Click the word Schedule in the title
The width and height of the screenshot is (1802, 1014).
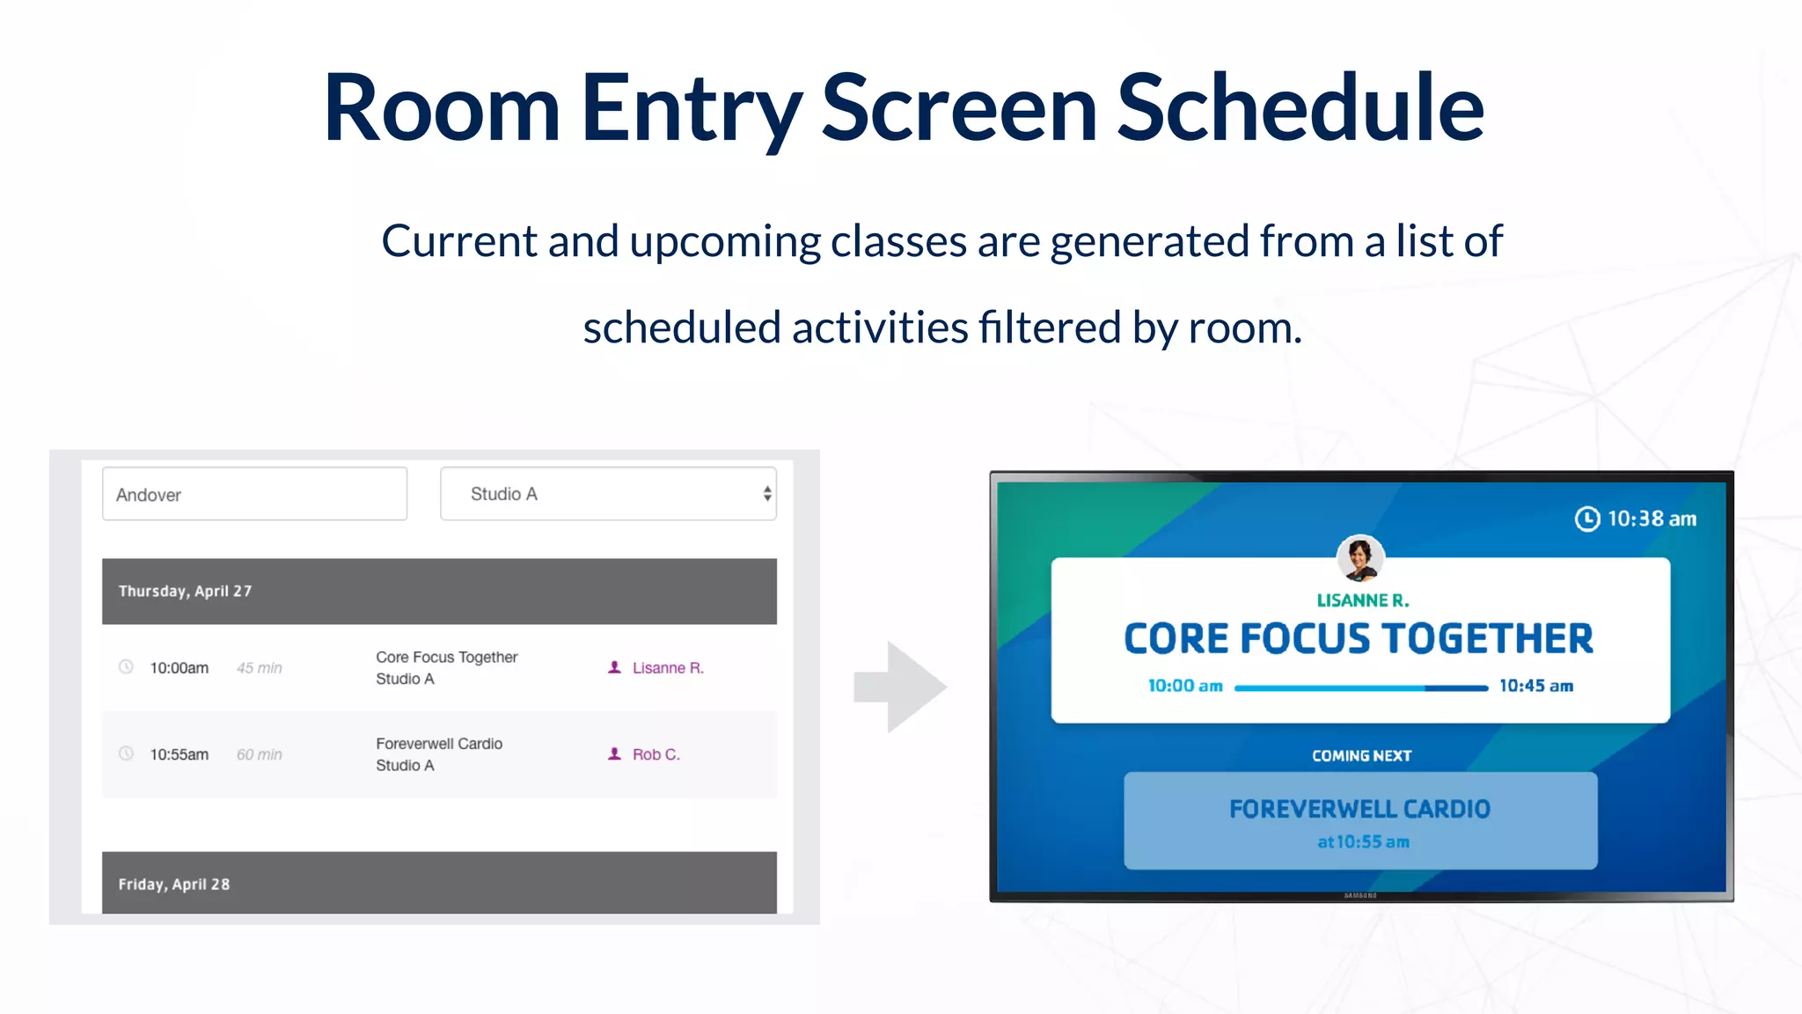point(1300,107)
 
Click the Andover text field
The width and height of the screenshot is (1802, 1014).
point(254,494)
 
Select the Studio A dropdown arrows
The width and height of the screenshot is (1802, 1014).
point(767,494)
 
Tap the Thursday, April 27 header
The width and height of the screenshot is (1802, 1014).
point(439,591)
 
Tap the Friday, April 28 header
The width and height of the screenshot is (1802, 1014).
point(439,883)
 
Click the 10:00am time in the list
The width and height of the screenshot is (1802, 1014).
point(179,668)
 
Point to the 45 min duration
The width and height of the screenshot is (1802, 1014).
point(259,668)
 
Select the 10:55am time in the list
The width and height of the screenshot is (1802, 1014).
point(179,754)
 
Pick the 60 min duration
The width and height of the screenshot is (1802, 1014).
point(259,754)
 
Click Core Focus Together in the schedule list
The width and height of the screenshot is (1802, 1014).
point(446,657)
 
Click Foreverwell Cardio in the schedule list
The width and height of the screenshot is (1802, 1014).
point(439,744)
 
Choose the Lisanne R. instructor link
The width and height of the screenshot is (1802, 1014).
point(667,668)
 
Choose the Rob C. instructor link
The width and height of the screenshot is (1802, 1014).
point(656,754)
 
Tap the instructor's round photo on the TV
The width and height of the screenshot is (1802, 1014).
point(1360,558)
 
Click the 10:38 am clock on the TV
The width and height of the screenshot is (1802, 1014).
point(1637,518)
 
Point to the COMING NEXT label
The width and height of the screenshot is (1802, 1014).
point(1361,755)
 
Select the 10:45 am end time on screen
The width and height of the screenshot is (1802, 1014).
point(1535,686)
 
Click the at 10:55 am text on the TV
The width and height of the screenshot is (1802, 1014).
point(1362,841)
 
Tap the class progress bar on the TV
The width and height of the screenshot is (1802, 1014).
point(1360,687)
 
